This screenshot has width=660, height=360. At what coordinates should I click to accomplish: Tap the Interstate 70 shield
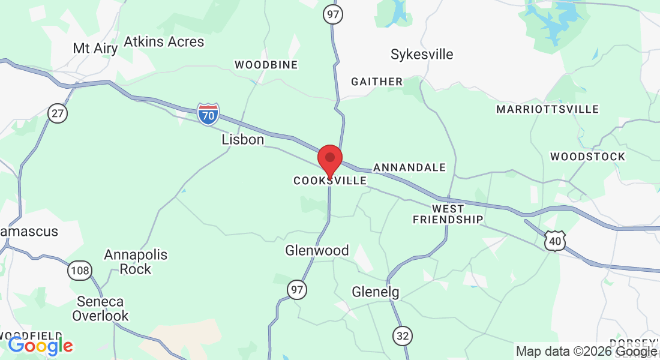[x=208, y=113]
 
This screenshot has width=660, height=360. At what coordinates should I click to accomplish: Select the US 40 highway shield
[x=554, y=241]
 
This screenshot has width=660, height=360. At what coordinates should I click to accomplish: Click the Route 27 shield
[x=58, y=113]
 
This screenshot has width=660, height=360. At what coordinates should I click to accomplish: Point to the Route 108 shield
[x=79, y=271]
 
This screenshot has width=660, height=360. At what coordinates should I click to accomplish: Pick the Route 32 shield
[x=403, y=335]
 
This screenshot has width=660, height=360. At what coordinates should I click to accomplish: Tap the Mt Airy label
[x=95, y=48]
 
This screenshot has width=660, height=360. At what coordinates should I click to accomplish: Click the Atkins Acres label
[x=164, y=42]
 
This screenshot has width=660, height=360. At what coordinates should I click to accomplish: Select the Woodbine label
[x=266, y=65]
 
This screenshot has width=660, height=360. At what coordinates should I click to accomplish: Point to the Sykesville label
[x=422, y=55]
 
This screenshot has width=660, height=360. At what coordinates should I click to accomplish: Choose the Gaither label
[x=377, y=82]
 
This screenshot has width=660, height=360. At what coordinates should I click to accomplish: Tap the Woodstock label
[x=587, y=157]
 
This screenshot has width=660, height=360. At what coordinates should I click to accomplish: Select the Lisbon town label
[x=242, y=140]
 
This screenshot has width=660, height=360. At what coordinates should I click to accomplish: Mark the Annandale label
[x=409, y=167]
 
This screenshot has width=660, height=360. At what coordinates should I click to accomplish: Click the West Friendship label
[x=448, y=214]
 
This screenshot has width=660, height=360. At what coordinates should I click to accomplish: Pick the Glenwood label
[x=317, y=250]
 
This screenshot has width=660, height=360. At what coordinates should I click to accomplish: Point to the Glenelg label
[x=375, y=292]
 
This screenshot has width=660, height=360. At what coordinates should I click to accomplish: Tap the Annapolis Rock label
[x=136, y=262]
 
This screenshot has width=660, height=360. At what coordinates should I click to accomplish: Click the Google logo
[x=40, y=346]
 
